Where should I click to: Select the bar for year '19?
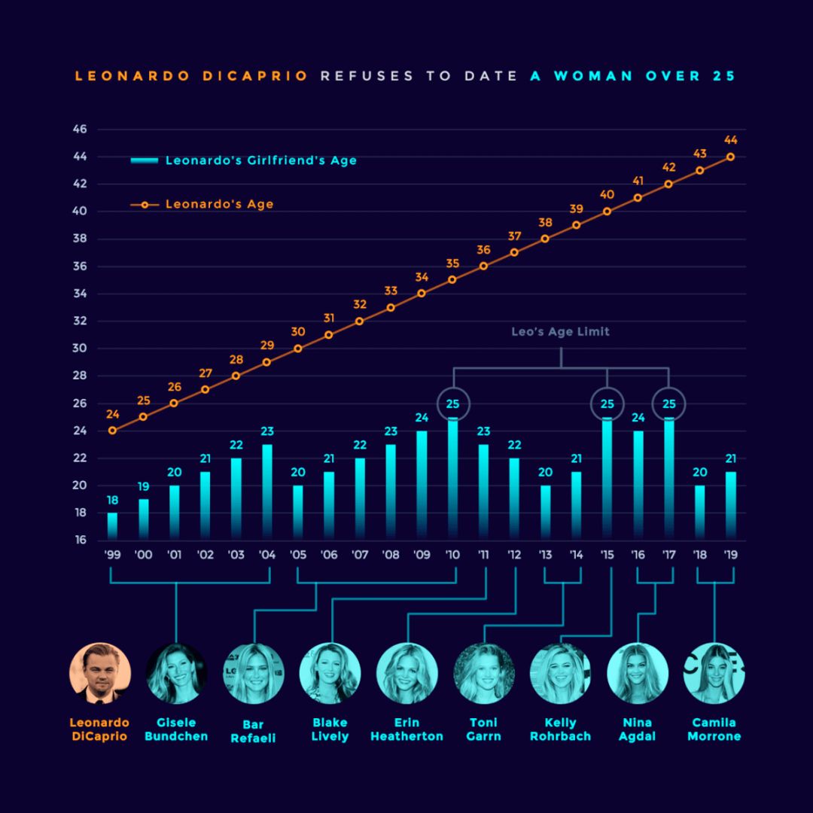pos(730,505)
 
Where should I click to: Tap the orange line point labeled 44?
pos(730,157)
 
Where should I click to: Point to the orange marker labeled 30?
pos(298,349)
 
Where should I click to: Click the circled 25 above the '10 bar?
pos(452,403)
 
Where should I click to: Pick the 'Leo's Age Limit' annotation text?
pos(560,331)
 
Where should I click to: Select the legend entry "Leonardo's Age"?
pos(219,204)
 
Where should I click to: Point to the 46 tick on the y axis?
pos(81,129)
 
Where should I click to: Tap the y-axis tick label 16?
pos(81,540)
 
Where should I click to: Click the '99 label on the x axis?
pos(112,556)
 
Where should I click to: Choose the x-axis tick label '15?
pos(607,556)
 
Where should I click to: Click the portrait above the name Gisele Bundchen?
pos(176,673)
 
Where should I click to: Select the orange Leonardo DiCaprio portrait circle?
pos(99,673)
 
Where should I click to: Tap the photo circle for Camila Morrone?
pos(714,673)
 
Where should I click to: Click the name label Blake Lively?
pos(330,729)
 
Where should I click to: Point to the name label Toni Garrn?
pos(483,729)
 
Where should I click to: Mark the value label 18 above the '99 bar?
pos(112,501)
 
